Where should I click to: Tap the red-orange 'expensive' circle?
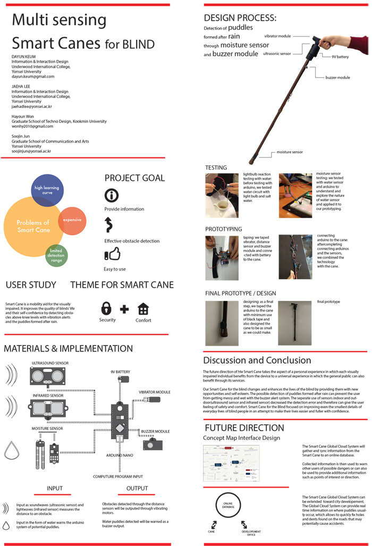pyautogui.click(x=71, y=221)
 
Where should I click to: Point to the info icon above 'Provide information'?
pyautogui.click(x=111, y=195)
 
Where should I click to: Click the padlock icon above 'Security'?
pyautogui.click(x=107, y=308)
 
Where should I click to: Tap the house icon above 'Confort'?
pyautogui.click(x=143, y=308)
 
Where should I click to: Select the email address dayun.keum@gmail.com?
pyautogui.click(x=33, y=77)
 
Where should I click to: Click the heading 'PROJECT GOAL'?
pyautogui.click(x=134, y=178)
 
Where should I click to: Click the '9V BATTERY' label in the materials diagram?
pyautogui.click(x=121, y=372)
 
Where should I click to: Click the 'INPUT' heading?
pyautogui.click(x=54, y=488)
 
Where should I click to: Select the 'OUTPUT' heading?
pyautogui.click(x=137, y=488)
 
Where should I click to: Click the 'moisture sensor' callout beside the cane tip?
pyautogui.click(x=290, y=152)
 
